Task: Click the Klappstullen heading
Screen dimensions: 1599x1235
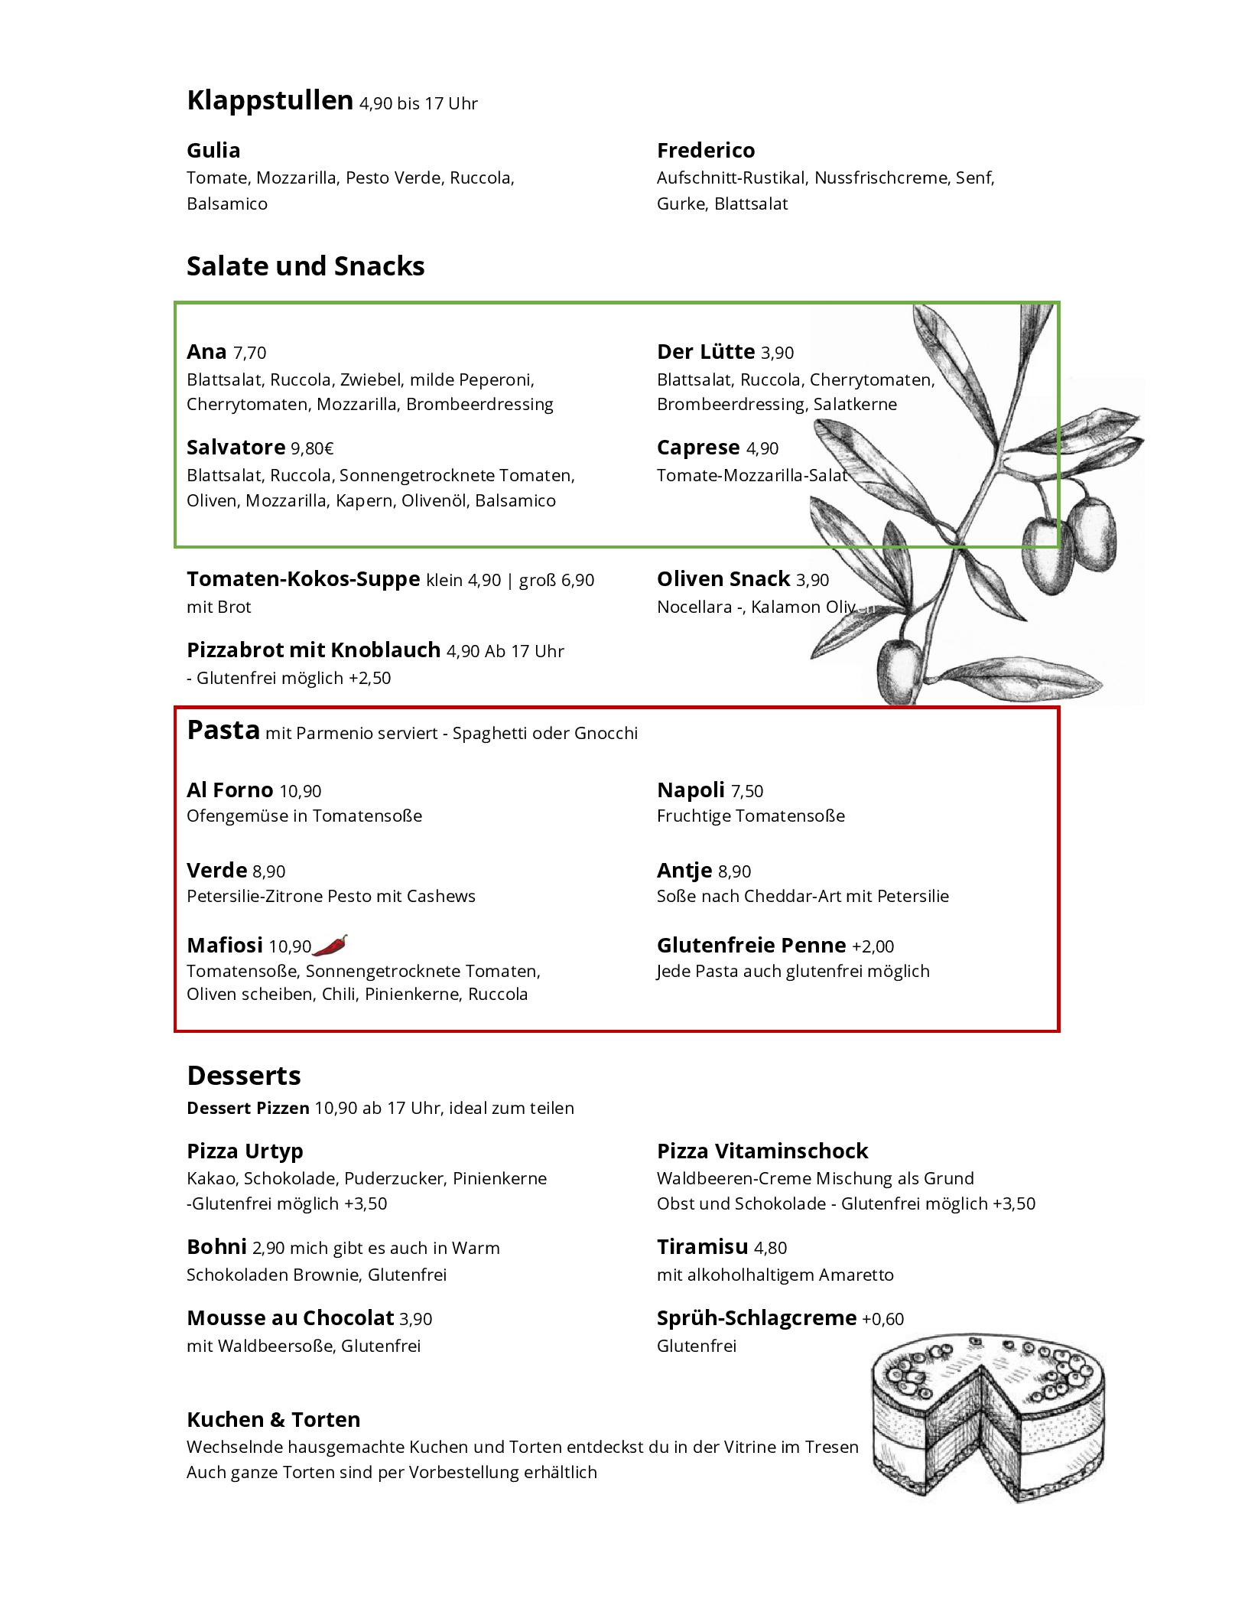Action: tap(269, 100)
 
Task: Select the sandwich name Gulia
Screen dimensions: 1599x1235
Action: tap(213, 150)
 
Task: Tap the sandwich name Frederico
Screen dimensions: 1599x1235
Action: tap(705, 150)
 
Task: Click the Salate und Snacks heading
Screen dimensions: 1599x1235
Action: tap(305, 266)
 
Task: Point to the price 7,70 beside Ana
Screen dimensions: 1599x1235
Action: tap(250, 353)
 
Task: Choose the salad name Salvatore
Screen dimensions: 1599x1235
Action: tap(236, 447)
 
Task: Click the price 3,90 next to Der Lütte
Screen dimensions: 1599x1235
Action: tap(777, 353)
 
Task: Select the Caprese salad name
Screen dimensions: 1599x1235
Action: tap(698, 447)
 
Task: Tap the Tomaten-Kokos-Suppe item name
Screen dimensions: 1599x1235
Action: tap(303, 578)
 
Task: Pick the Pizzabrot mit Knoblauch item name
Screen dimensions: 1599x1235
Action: tap(314, 650)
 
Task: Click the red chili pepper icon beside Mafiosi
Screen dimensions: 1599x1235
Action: tap(330, 945)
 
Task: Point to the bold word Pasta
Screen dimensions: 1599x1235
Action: tap(223, 730)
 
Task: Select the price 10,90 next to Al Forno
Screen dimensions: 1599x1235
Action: tap(301, 791)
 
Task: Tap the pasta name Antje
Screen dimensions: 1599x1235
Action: tap(684, 870)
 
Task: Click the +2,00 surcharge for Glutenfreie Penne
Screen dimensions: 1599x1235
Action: tap(873, 946)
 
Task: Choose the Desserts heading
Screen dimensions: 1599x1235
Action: tap(244, 1076)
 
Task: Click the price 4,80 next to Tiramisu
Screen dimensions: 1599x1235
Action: tap(770, 1248)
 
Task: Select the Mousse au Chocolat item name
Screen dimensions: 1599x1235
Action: tap(290, 1317)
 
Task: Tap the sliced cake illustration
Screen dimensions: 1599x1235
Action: tap(988, 1428)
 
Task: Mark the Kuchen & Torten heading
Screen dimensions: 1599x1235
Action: tap(273, 1420)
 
